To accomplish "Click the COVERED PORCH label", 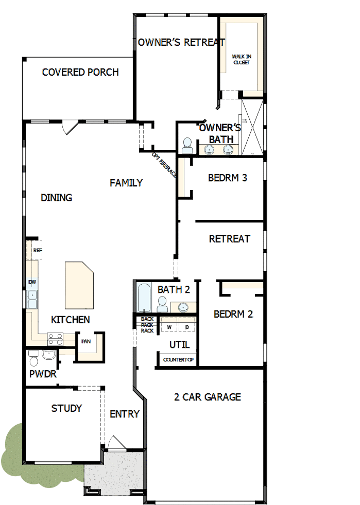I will click(80, 72).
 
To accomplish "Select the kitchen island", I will click(78, 284).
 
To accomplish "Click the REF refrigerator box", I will click(37, 250).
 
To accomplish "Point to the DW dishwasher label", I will click(32, 282).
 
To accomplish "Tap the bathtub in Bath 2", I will click(144, 298).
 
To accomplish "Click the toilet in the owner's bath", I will click(187, 146).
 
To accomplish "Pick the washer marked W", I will click(169, 327).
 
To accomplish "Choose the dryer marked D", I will click(187, 327).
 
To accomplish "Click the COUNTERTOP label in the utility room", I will click(178, 359).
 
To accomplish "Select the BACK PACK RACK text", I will click(147, 325).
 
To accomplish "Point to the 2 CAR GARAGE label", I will click(208, 397).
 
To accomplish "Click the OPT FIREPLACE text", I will click(164, 165).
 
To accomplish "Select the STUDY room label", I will click(66, 408).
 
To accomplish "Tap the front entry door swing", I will click(115, 443).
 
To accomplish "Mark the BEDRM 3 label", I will click(228, 178).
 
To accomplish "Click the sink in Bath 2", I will click(182, 307).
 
